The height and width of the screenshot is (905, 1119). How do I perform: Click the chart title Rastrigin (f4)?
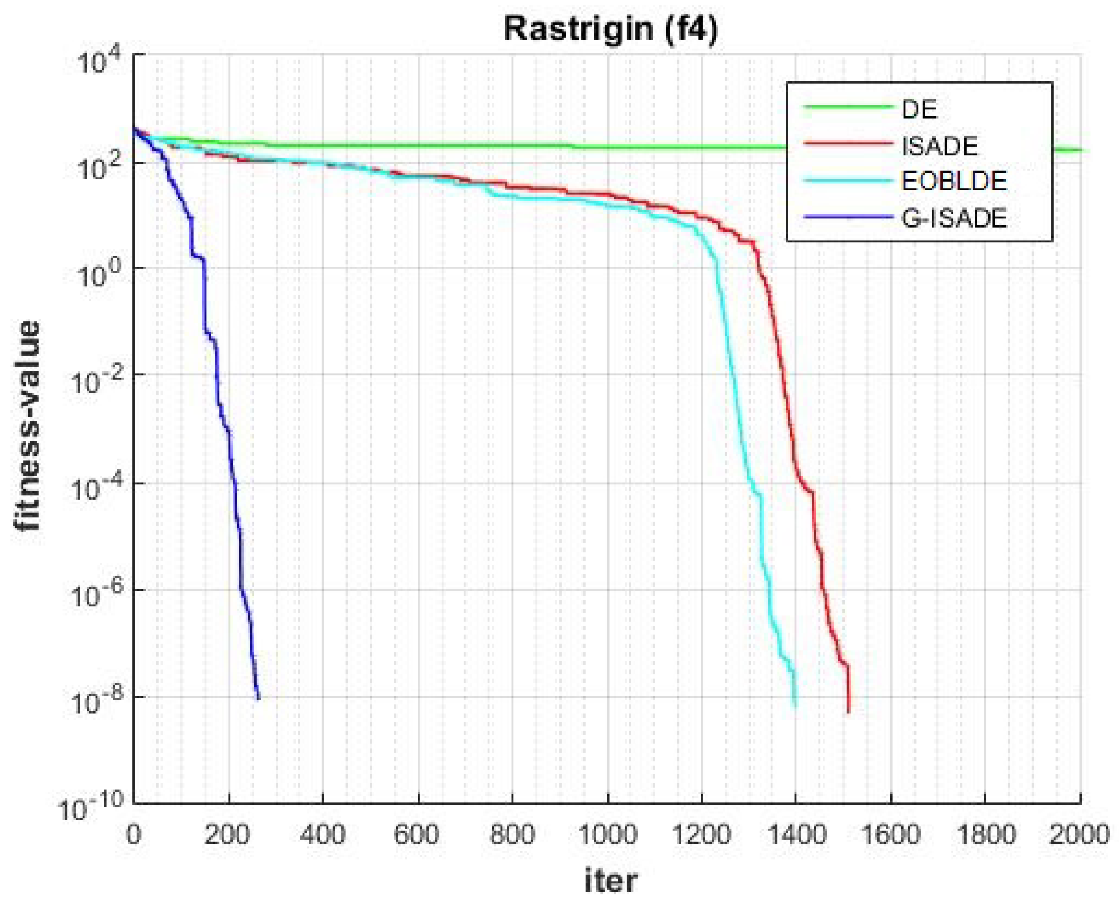610,29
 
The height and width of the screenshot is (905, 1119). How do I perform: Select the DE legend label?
919,109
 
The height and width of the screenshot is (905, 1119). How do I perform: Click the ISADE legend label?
940,146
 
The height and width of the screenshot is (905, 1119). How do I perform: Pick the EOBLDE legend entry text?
953,182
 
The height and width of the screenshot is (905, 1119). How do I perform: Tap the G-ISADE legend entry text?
953,218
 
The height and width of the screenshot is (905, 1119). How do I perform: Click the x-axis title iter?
610,880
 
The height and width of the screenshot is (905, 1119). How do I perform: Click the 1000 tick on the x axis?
607,835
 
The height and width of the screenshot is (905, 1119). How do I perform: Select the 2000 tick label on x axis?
1079,835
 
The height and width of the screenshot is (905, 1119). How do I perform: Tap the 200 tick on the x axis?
227,835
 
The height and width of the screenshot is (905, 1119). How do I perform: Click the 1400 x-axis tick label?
796,835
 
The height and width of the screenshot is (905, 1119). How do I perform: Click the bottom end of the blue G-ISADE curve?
258,698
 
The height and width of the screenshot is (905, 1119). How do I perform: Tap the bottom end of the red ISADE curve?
849,711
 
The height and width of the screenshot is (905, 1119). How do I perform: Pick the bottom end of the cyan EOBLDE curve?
795,706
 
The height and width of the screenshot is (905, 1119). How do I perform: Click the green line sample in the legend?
848,108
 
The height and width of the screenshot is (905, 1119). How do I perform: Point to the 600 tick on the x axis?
417,835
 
